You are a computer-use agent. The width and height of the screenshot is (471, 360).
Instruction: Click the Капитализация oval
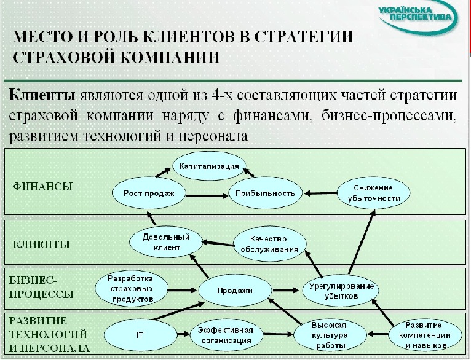tap(210, 166)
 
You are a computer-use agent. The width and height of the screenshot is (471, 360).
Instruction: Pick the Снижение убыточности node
tap(373, 193)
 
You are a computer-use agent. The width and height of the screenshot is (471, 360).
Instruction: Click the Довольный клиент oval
tap(165, 242)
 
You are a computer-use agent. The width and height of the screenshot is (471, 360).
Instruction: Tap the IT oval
tap(140, 335)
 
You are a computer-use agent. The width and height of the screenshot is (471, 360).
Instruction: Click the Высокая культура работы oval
tap(330, 335)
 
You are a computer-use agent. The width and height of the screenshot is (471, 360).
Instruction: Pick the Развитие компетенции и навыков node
tap(424, 335)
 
